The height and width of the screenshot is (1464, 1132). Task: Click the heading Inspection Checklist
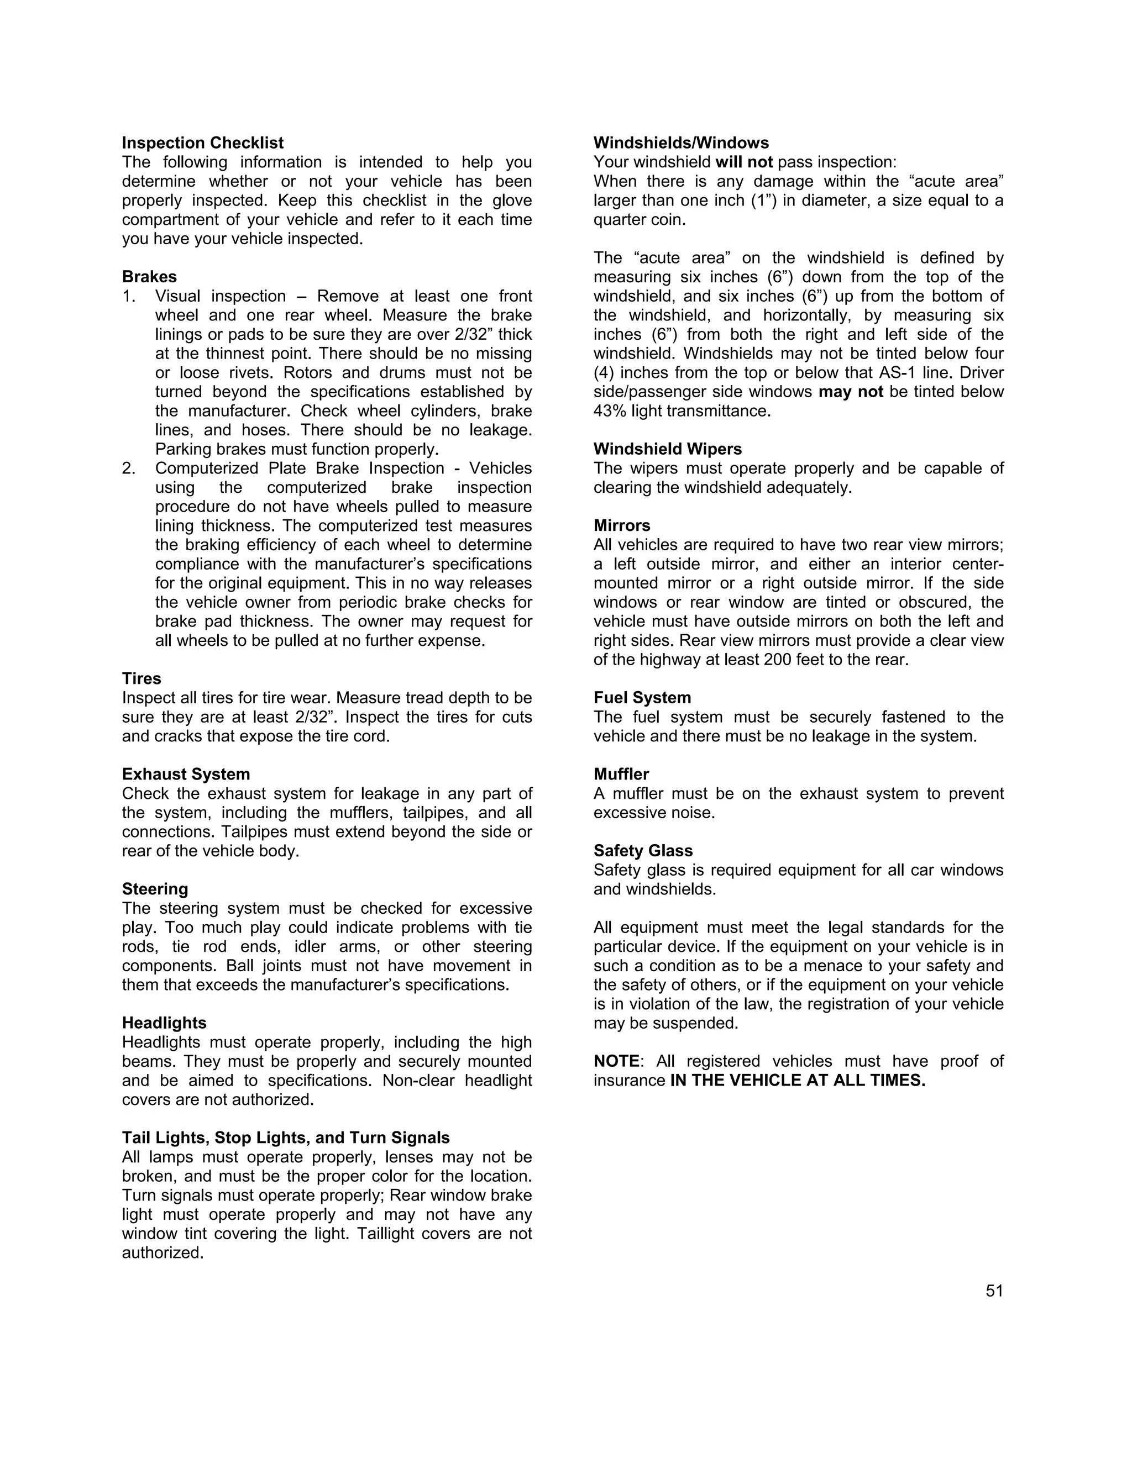click(x=202, y=143)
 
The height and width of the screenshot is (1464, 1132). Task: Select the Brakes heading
click(x=149, y=277)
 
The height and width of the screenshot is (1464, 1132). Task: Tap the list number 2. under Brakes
click(x=129, y=468)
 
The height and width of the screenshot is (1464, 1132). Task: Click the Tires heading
click(x=141, y=678)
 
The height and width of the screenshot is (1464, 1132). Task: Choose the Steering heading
click(x=155, y=889)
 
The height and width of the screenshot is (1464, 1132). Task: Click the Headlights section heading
click(x=164, y=1023)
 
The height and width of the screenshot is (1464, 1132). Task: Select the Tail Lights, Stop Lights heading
click(x=286, y=1138)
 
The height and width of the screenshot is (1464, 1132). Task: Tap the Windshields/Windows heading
click(x=680, y=143)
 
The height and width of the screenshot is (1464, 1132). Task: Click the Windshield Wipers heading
click(x=667, y=449)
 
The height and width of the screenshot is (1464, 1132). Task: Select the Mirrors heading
click(x=622, y=525)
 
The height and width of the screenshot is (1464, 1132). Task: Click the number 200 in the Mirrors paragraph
click(x=777, y=660)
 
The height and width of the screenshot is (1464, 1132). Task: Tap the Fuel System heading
click(x=642, y=698)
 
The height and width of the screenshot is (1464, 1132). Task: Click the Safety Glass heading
click(x=642, y=851)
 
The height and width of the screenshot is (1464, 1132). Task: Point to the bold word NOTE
click(x=616, y=1061)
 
